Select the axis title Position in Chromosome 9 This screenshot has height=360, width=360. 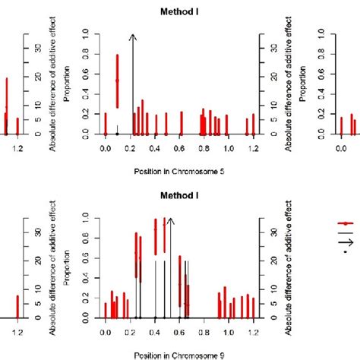coord(178,355)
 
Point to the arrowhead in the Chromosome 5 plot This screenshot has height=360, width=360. coord(132,36)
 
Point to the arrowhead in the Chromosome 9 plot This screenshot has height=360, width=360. coord(170,219)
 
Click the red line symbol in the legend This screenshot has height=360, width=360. coord(346,223)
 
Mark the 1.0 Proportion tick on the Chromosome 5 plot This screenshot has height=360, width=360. coord(86,33)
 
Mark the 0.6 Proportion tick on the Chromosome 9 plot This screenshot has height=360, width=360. coord(86,257)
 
